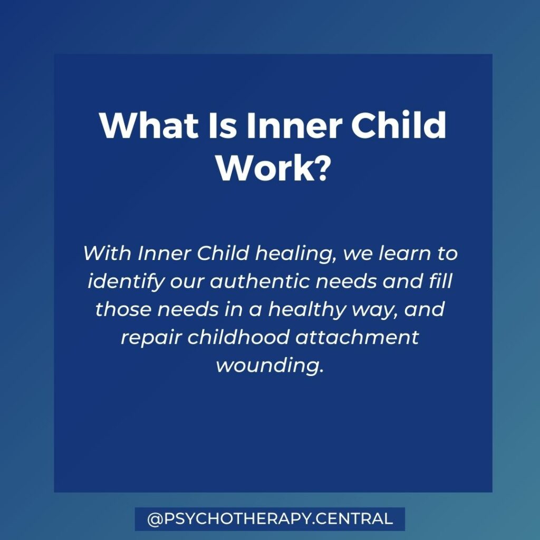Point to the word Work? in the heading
click(272, 168)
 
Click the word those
click(123, 309)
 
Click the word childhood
click(238, 337)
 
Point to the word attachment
click(357, 337)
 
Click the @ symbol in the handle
click(155, 519)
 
